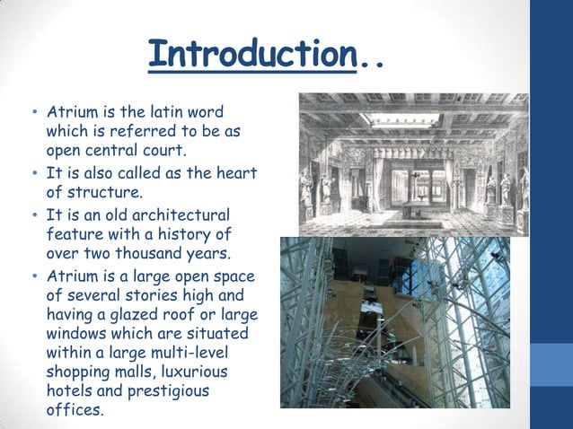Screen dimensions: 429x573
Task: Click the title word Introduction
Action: (252, 55)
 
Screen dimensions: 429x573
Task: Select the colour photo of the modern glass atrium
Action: (395, 322)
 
